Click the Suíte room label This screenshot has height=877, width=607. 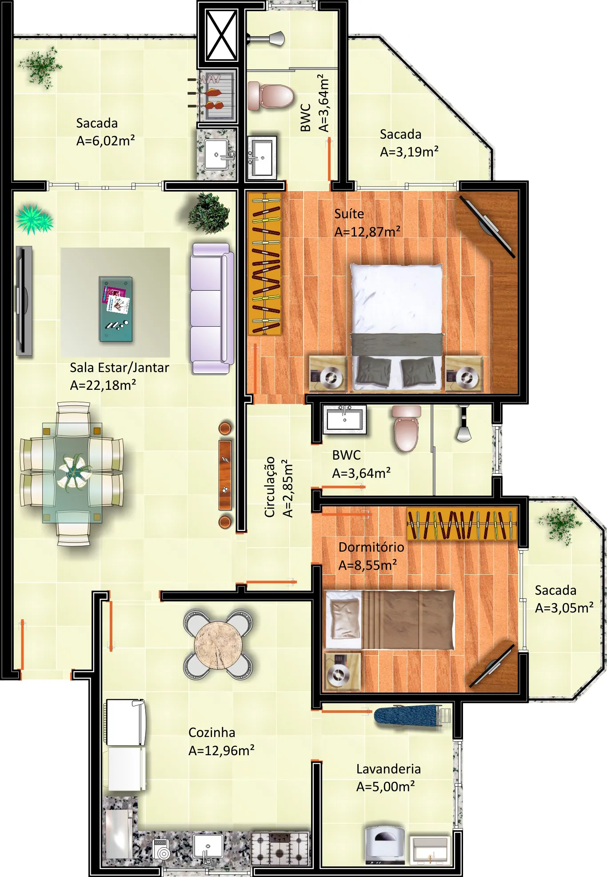point(349,214)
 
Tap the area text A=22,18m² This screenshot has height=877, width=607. point(103,385)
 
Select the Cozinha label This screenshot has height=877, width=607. point(212,732)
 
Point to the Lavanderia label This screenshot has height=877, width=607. point(388,769)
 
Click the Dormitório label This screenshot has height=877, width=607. point(371,547)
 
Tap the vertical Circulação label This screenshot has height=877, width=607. point(270,487)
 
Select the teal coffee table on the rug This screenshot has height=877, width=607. point(116,309)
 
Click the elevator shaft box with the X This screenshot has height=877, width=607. point(222,36)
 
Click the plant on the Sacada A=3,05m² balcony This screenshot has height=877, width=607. point(560,523)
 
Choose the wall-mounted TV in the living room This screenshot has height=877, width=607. point(24,301)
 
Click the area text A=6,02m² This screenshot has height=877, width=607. point(105,140)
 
